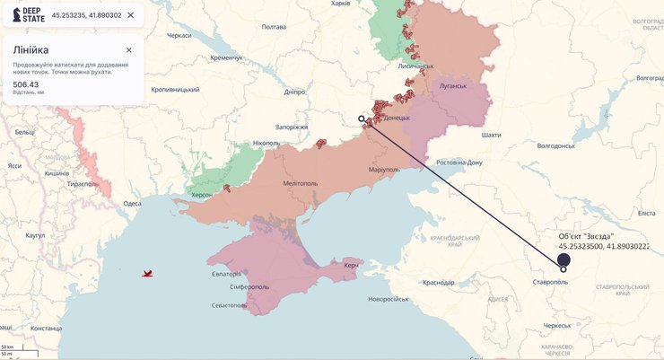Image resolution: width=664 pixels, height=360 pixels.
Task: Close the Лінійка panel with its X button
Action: tap(128, 50)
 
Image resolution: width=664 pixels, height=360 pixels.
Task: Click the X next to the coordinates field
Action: tap(131, 15)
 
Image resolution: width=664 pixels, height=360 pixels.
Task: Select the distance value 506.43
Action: tap(25, 83)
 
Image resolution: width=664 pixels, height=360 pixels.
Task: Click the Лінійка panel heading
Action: tap(31, 50)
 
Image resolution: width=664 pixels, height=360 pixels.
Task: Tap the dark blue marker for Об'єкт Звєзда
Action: tap(564, 259)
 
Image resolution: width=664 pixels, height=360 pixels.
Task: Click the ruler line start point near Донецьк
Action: tap(362, 119)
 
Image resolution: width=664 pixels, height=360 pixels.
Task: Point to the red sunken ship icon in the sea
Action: tap(147, 273)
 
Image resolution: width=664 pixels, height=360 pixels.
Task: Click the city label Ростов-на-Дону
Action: tap(459, 162)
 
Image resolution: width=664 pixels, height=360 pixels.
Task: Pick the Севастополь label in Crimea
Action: tap(228, 305)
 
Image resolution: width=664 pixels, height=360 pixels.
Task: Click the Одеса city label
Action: tap(132, 204)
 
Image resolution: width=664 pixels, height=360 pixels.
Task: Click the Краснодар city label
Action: tap(438, 282)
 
